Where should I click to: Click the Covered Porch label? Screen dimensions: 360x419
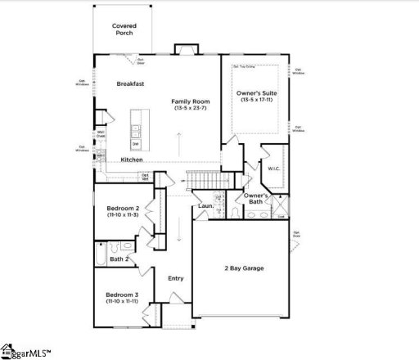click(124, 29)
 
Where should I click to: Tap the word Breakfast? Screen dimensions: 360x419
click(131, 83)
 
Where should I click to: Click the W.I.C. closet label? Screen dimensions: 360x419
click(273, 169)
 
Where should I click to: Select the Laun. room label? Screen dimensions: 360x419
click(205, 206)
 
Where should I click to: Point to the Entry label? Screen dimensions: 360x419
click(176, 278)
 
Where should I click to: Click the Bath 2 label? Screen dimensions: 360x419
click(120, 259)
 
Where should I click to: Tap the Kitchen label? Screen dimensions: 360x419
click(132, 160)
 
